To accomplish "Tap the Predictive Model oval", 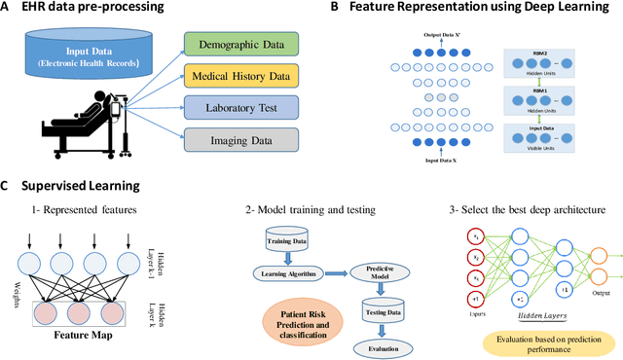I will click(370, 274).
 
